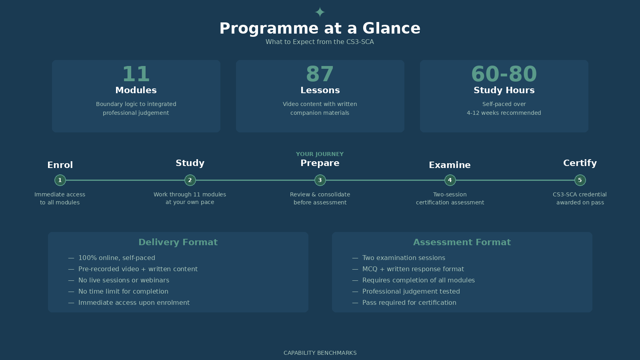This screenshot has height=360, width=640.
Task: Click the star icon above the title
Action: click(320, 12)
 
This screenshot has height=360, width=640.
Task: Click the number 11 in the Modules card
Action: click(136, 74)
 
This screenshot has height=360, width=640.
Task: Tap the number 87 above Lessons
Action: click(320, 74)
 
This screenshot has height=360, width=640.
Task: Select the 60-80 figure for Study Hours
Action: click(504, 74)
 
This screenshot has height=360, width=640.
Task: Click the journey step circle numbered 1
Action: click(60, 180)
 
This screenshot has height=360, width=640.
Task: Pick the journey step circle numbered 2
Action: click(190, 180)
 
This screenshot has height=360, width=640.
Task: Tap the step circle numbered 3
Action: click(320, 180)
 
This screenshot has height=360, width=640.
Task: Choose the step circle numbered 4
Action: click(450, 180)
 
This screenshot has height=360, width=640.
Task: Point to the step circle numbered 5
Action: click(580, 180)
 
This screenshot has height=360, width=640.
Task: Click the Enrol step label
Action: click(60, 165)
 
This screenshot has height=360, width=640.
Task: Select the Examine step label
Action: click(450, 165)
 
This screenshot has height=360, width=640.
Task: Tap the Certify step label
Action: click(580, 163)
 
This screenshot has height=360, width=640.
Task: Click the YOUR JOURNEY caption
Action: click(320, 154)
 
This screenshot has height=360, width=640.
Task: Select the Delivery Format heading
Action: click(178, 242)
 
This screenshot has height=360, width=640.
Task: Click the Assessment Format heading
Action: click(462, 242)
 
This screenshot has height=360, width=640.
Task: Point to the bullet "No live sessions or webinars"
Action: click(124, 280)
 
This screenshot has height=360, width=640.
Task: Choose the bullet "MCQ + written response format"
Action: click(413, 269)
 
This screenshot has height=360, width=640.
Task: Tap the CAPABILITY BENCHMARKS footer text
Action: click(320, 353)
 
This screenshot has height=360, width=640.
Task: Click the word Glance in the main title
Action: click(391, 28)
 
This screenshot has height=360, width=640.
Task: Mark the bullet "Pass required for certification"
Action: click(409, 303)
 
